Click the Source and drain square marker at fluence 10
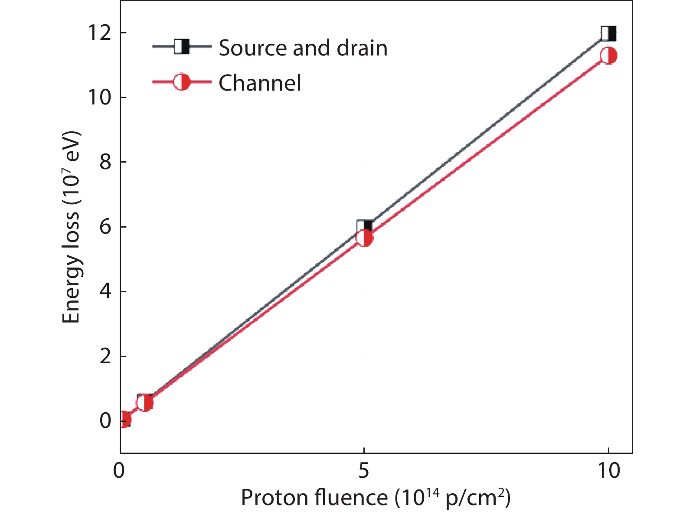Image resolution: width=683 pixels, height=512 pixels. pyautogui.click(x=608, y=33)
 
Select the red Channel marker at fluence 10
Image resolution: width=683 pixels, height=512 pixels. pyautogui.click(x=608, y=56)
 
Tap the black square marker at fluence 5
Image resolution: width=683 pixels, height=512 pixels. pyautogui.click(x=364, y=227)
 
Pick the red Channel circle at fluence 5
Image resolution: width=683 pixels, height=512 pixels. pyautogui.click(x=364, y=238)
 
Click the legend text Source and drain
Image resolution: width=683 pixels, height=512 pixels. pyautogui.click(x=303, y=48)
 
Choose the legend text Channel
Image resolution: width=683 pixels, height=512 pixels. pyautogui.click(x=260, y=82)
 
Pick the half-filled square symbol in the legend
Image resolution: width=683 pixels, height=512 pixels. pyautogui.click(x=182, y=46)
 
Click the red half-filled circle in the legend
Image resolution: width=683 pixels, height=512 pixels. pyautogui.click(x=182, y=82)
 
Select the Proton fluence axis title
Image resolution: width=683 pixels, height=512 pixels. pyautogui.click(x=376, y=498)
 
